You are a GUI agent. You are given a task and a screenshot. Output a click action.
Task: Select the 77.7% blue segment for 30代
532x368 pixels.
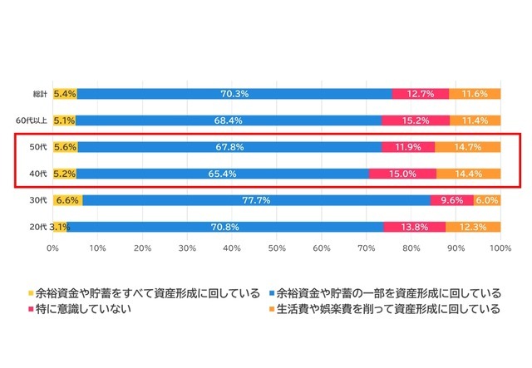(243, 200)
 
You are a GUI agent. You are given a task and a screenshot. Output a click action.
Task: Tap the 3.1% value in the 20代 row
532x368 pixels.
(59, 227)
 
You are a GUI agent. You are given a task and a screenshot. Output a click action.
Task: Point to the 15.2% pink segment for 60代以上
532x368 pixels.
(416, 120)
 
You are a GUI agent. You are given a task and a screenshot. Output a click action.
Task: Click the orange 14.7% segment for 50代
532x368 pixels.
(467, 147)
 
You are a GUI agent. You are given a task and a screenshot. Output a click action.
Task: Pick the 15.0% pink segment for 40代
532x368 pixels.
(402, 174)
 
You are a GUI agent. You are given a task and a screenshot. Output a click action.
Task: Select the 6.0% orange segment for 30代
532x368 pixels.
(487, 200)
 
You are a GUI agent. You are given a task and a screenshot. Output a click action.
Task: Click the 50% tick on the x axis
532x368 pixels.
(277, 248)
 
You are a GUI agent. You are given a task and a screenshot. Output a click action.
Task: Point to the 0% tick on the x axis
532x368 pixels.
(53, 248)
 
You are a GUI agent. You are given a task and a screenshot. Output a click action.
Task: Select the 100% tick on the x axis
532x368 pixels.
(500, 248)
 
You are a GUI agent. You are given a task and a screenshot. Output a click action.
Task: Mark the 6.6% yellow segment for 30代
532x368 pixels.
(67, 200)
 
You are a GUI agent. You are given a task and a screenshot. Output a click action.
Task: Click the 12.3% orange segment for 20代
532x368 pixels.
(473, 227)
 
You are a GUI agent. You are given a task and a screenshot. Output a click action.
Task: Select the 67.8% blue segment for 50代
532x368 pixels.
(229, 147)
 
